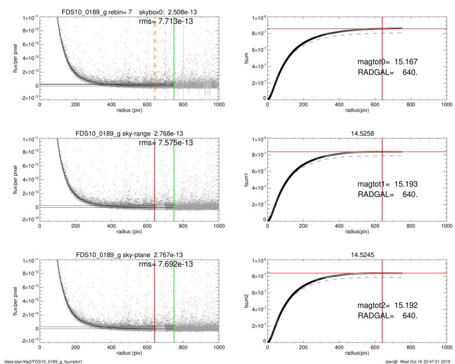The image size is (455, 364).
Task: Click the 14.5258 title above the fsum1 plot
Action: tap(357, 134)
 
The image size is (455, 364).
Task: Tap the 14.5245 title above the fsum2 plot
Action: tap(357, 255)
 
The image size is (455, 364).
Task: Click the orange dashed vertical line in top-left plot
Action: tap(155, 57)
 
